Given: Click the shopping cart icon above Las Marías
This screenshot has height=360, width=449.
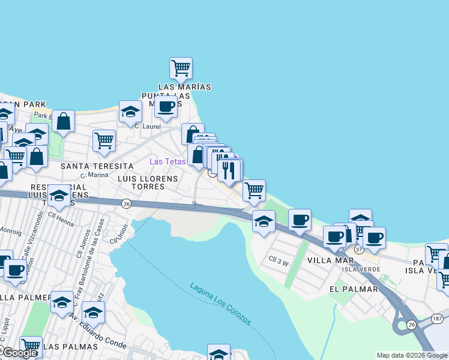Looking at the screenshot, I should tap(181, 68).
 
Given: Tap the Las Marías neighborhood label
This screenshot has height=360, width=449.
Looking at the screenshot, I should tap(185, 87).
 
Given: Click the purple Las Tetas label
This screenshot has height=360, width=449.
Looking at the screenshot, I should tap(167, 161).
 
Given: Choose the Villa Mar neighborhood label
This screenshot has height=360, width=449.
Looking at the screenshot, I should tap(331, 260).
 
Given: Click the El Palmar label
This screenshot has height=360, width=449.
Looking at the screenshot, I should tap(354, 289).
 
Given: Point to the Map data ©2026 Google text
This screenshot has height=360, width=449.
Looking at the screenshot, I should tap(411, 355).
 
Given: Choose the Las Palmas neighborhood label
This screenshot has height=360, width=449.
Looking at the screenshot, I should tap(70, 347).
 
